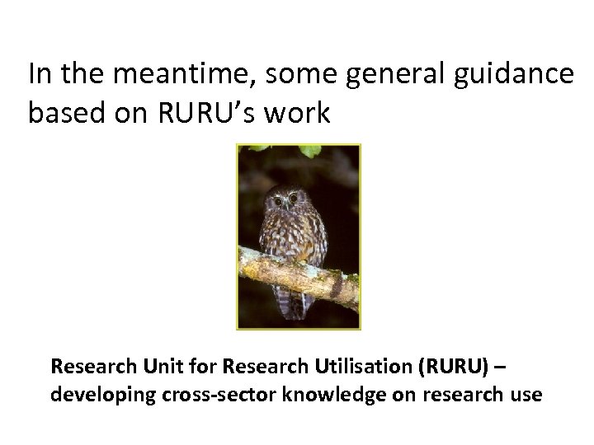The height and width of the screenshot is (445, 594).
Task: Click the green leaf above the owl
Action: [310, 151]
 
